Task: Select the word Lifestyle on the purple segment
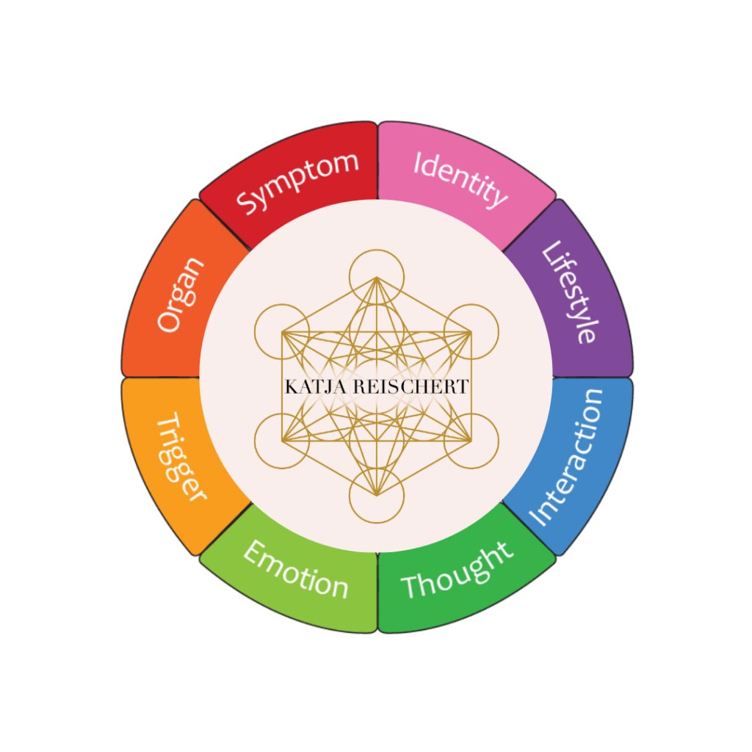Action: click(570, 293)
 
